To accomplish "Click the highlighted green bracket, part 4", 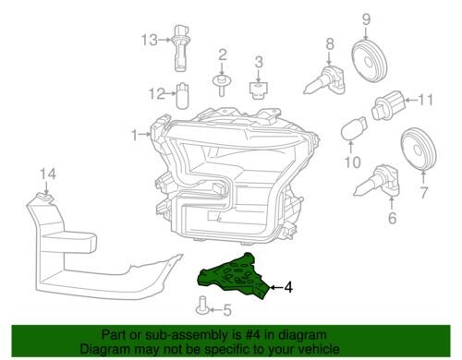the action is coord(233,276).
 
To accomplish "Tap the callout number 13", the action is coord(150,40).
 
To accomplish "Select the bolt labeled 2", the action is coord(221,85).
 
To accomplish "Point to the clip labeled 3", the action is coord(258,90).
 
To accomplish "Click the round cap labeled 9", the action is coord(369,60).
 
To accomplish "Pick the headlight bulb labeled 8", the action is coord(324,79).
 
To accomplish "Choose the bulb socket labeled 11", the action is coord(387,104).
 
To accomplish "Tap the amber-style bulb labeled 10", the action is coord(354,128).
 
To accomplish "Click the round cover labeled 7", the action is coord(419,149).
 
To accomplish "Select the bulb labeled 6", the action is coord(377,182).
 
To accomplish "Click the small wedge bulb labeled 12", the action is coord(181,95).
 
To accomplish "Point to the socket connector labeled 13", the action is coord(180,48).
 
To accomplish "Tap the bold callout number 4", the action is coord(287,288).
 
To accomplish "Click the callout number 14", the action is coord(48,174).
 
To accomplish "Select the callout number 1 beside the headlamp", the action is coord(134,135).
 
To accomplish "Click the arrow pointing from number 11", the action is coord(410,100).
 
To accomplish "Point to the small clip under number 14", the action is coord(45,198).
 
